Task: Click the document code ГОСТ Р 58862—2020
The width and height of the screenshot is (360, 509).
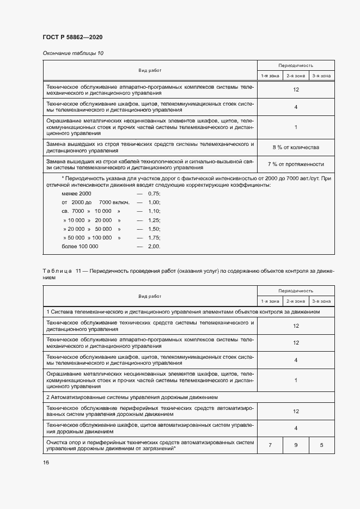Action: click(72, 37)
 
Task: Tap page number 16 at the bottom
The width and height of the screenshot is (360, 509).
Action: click(46, 462)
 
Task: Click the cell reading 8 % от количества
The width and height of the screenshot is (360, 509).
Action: click(296, 148)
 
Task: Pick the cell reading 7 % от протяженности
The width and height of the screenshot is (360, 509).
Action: click(296, 164)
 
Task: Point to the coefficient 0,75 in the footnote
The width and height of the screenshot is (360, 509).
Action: click(154, 194)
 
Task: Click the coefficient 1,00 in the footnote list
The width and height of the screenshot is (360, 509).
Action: click(154, 203)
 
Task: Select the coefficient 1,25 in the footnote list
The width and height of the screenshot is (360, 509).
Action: click(154, 220)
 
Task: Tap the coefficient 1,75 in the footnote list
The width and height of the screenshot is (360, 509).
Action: click(154, 237)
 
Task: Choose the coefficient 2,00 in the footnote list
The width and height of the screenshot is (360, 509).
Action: click(154, 246)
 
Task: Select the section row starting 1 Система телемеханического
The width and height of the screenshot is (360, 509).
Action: click(183, 312)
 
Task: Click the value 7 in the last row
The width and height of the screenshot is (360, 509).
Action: click(270, 445)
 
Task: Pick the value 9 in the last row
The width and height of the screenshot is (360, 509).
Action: click(296, 445)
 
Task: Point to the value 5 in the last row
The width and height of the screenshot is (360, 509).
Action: click(322, 445)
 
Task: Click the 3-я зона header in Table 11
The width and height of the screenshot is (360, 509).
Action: click(322, 301)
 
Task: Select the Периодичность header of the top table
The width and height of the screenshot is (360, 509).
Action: click(296, 65)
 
